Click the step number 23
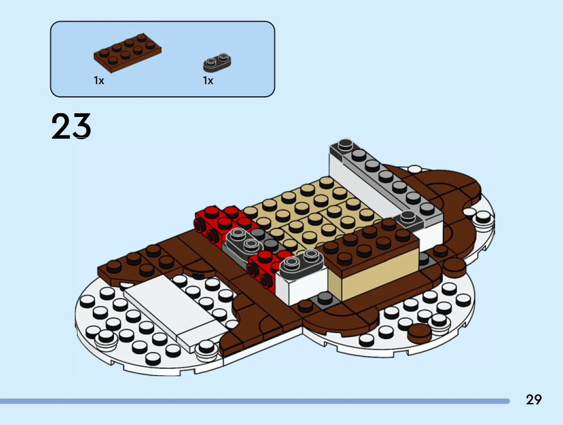point(71,126)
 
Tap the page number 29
point(533,400)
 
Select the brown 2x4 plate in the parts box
point(128,53)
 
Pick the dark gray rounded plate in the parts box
point(217,62)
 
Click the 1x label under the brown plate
point(99,80)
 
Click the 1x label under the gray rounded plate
point(208,80)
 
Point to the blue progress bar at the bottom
point(255,401)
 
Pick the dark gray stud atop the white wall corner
point(345,144)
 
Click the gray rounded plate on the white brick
point(301,265)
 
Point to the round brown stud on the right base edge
point(419,333)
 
